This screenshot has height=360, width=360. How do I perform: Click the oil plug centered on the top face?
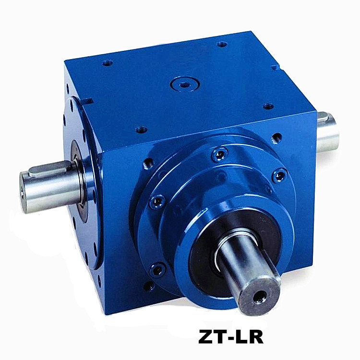(x=185, y=84)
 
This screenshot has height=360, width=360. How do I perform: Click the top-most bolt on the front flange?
(x=220, y=154)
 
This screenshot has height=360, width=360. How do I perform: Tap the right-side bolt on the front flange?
(x=279, y=176)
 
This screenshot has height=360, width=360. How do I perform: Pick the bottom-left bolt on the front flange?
(x=157, y=269)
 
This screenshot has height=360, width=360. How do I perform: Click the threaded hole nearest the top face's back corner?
(x=222, y=44)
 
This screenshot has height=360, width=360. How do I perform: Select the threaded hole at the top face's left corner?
(x=107, y=63)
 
